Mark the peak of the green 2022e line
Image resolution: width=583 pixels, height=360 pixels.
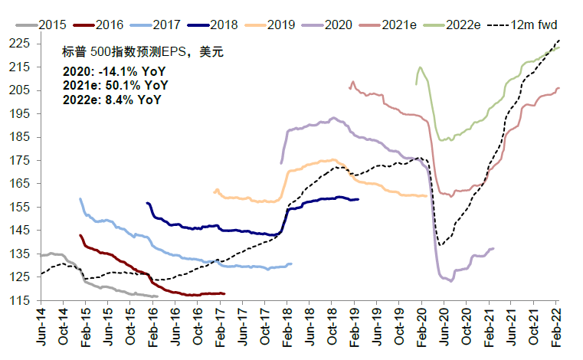coord(419,67)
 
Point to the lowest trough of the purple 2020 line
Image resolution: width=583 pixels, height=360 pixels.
coord(450,281)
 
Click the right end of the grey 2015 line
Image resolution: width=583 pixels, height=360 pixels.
coord(157,296)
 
